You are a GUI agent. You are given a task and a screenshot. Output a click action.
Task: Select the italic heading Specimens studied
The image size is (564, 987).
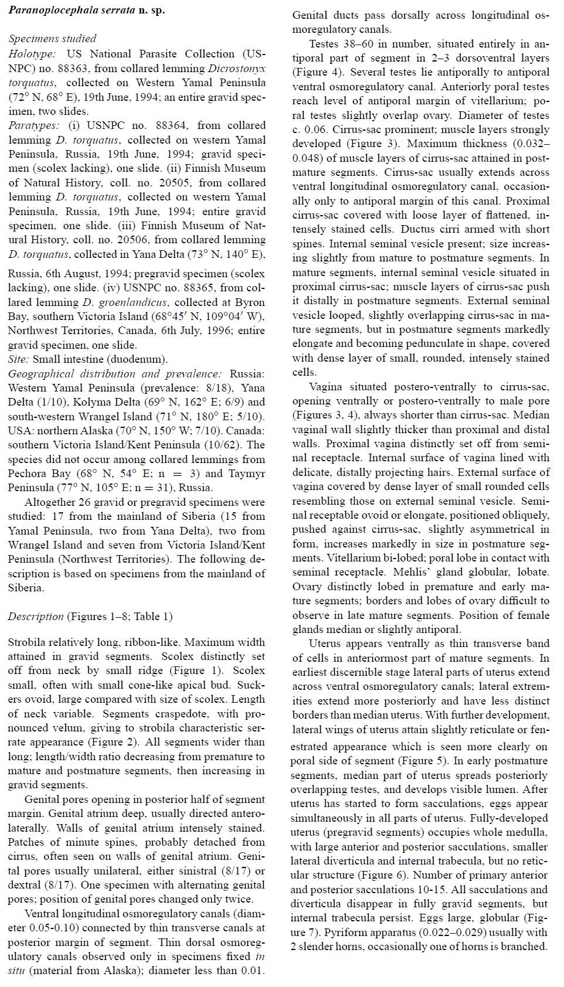coord(52,39)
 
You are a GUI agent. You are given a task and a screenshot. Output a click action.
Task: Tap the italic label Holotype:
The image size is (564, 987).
coord(32,53)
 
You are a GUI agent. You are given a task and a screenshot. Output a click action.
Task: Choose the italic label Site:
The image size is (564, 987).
coord(19,359)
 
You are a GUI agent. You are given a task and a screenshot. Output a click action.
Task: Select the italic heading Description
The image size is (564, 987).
coord(36,617)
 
